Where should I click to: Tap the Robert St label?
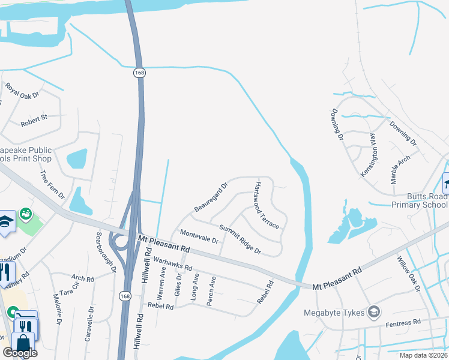point(34,121)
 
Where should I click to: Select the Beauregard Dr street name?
point(211,197)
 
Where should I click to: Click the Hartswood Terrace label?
point(267,205)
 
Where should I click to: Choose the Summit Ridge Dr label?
point(240,239)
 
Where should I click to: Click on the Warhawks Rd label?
point(173,263)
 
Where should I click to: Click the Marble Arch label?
point(399,169)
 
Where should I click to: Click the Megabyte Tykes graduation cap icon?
point(374,311)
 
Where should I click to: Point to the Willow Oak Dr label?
point(408,273)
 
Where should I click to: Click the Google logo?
point(20,353)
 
